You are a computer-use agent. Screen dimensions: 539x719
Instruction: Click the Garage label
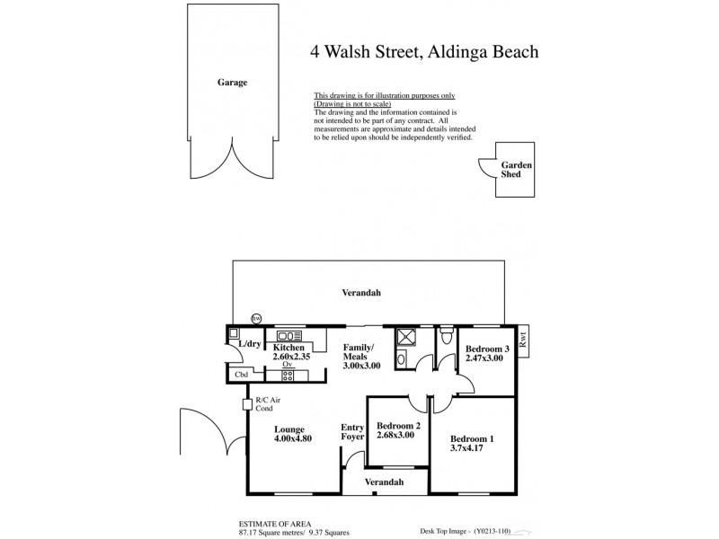tap(231, 82)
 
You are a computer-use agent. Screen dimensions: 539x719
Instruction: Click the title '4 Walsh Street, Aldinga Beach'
tap(424, 51)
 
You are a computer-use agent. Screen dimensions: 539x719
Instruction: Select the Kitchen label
tap(288, 347)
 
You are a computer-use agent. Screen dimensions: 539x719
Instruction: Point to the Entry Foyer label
tap(352, 432)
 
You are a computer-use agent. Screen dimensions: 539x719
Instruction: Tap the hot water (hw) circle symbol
tap(256, 318)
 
